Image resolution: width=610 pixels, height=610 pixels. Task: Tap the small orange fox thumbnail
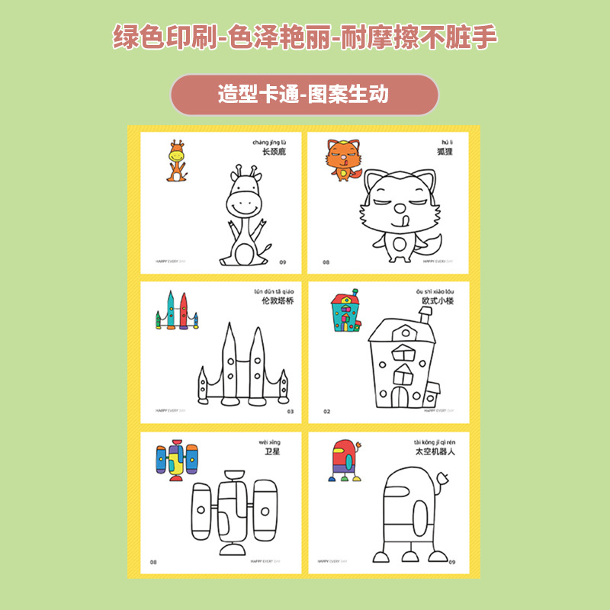click(342, 160)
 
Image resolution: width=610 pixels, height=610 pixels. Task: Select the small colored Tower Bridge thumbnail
click(176, 311)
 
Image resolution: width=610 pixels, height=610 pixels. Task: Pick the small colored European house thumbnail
click(343, 312)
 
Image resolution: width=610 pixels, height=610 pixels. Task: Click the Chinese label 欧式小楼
click(443, 301)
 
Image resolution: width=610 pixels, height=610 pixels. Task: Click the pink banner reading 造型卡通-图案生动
click(304, 95)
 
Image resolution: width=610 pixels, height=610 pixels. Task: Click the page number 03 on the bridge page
click(290, 411)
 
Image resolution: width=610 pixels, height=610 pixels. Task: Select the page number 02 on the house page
click(326, 411)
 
